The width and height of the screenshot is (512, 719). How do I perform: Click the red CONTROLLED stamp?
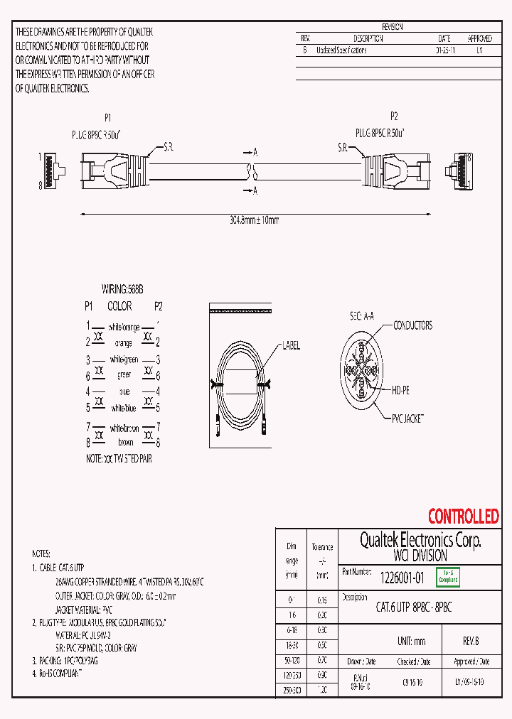(x=463, y=517)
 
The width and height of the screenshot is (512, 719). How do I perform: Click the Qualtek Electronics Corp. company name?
(x=410, y=541)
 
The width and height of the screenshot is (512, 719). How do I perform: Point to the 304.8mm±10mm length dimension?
(x=249, y=220)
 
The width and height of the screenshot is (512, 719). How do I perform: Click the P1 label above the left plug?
(x=108, y=118)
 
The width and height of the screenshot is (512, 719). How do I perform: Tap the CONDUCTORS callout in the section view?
(x=412, y=325)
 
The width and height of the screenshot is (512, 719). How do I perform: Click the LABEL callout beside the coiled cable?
(x=292, y=346)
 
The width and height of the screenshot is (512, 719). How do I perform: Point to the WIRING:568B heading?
(x=122, y=290)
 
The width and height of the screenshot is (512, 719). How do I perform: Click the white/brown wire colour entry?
(x=124, y=429)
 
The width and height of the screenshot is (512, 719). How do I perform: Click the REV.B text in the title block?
(x=470, y=641)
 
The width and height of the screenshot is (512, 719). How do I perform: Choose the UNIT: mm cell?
(x=410, y=641)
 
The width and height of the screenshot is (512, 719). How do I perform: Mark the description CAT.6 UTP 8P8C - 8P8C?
(x=414, y=607)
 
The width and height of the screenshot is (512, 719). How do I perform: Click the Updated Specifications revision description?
(x=341, y=50)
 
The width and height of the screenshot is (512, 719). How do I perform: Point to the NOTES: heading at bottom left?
(x=41, y=553)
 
